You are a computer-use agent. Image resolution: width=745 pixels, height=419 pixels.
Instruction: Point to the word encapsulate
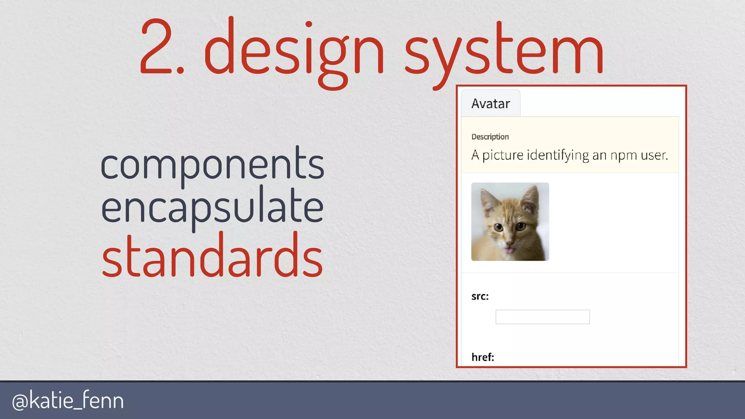click(212, 207)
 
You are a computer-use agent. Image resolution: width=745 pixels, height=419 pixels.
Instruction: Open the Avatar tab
click(490, 104)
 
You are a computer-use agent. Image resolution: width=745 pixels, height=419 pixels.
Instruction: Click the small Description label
click(490, 137)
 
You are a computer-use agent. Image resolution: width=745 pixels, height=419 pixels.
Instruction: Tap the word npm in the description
click(624, 155)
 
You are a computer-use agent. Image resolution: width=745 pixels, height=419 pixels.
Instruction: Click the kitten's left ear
click(487, 200)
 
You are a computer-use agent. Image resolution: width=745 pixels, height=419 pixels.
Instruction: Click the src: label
click(480, 296)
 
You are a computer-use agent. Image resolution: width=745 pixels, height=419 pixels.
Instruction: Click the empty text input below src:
click(542, 317)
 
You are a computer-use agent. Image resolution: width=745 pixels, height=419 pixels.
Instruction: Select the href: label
click(483, 357)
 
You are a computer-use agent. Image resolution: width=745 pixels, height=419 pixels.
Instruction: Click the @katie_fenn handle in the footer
click(68, 400)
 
